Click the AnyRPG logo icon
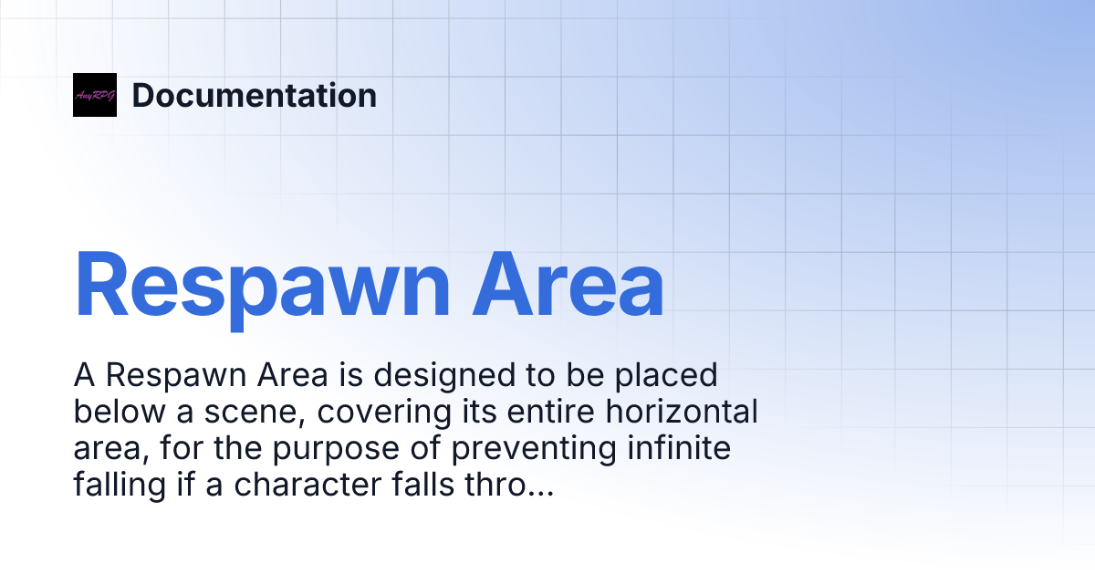[95, 95]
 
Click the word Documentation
[255, 96]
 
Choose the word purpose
[346, 449]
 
